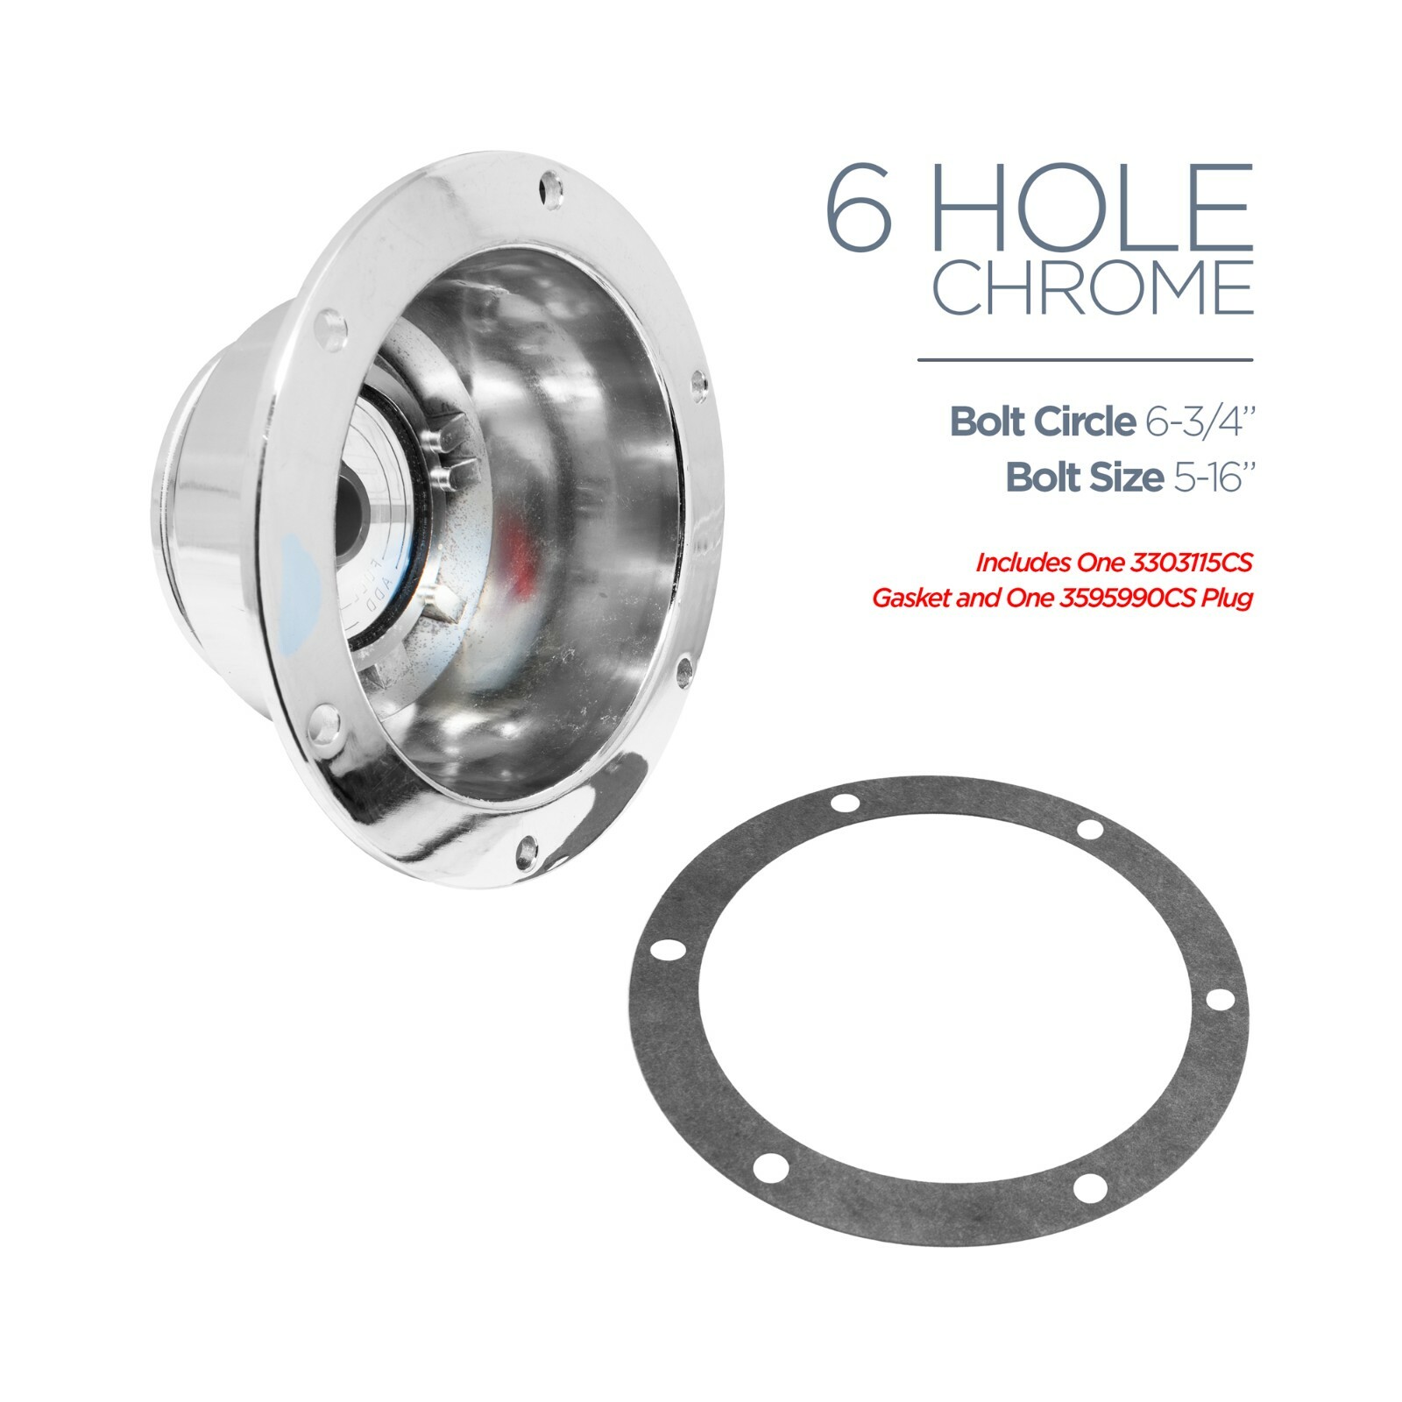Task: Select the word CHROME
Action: (1092, 285)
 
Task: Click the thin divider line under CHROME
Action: (1085, 359)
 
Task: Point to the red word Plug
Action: (1228, 598)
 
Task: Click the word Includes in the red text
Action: (1017, 562)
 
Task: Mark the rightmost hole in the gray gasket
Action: (1214, 1000)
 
